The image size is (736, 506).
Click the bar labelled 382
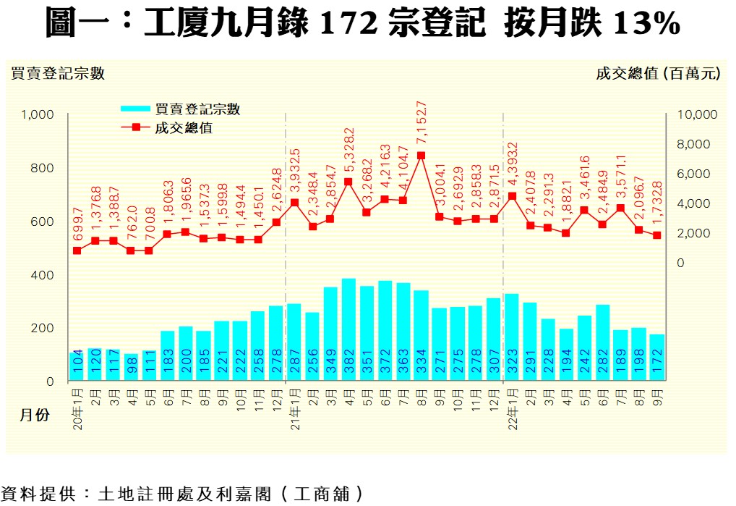[348, 329]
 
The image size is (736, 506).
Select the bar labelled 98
[131, 367]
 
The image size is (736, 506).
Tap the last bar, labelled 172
[656, 357]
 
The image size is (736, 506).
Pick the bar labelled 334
[421, 335]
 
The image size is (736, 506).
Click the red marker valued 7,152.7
[421, 156]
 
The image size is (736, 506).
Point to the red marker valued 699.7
[77, 250]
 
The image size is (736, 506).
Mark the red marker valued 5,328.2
[348, 182]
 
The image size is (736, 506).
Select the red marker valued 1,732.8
[656, 235]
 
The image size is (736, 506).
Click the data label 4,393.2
[512, 166]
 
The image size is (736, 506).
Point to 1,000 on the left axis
[38, 114]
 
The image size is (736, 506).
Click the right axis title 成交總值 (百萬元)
[658, 73]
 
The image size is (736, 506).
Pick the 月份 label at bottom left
[34, 416]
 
